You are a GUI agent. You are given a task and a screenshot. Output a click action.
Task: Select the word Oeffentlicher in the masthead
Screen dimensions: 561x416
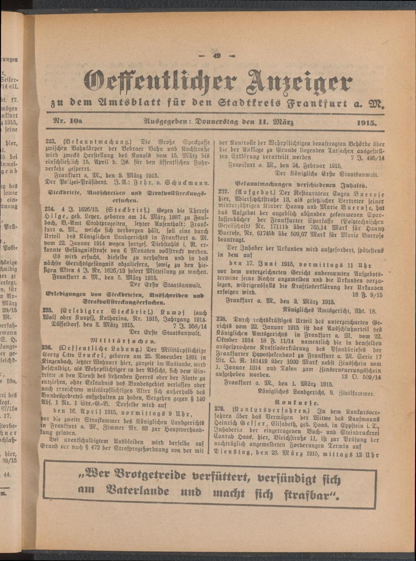[x=160, y=80]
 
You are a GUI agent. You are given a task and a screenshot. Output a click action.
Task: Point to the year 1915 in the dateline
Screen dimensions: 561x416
[x=366, y=123]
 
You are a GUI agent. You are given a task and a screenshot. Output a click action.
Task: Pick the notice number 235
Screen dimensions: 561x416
[x=48, y=310]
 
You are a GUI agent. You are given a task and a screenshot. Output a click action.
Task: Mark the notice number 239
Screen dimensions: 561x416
[x=222, y=409]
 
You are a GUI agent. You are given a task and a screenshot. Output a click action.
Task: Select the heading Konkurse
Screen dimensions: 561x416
[x=297, y=402]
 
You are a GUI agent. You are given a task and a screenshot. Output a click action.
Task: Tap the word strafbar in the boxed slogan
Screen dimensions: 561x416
[x=310, y=494]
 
